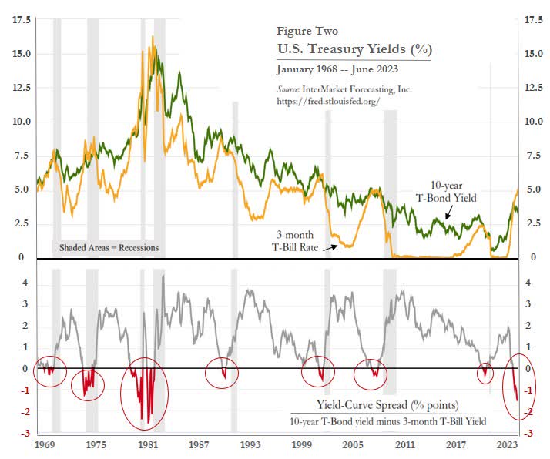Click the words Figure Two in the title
(310, 32)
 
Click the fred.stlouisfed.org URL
(328, 102)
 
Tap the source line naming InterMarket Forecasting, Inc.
(344, 89)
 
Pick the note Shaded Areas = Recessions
(109, 248)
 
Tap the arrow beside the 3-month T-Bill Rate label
(330, 247)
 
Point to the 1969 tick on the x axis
(45, 445)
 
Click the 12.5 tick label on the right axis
(535, 88)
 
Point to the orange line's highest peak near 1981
(153, 37)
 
